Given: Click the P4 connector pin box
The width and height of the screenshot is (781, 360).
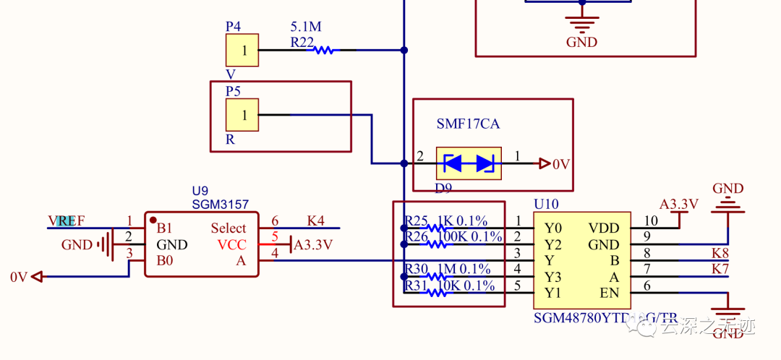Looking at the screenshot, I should click(x=244, y=51).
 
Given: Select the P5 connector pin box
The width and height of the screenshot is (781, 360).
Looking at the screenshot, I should click(x=244, y=115).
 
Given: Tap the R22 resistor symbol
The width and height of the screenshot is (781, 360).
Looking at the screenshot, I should click(x=322, y=51).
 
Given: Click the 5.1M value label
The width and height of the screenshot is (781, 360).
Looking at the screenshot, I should click(x=305, y=27).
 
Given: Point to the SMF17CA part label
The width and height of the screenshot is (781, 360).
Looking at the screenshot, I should click(x=468, y=124).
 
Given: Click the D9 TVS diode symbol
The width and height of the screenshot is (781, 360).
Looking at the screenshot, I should click(x=469, y=164).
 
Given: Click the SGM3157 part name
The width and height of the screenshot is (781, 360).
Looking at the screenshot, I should click(x=220, y=205).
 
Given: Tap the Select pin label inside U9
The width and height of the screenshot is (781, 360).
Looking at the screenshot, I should click(x=228, y=228).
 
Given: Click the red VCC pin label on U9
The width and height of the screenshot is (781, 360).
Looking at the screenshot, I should click(x=231, y=244).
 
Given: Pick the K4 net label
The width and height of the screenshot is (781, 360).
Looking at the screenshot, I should click(x=315, y=220).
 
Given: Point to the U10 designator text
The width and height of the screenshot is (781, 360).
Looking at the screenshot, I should click(x=546, y=205).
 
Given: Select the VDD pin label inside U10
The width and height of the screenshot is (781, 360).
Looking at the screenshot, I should click(x=603, y=228).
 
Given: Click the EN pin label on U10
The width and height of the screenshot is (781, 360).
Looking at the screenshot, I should click(x=610, y=293).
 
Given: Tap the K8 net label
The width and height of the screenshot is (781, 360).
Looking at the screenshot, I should click(x=720, y=253).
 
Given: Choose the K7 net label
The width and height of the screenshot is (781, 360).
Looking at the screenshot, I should click(x=720, y=270).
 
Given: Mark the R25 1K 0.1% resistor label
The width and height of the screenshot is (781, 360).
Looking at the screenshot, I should click(x=446, y=220).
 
